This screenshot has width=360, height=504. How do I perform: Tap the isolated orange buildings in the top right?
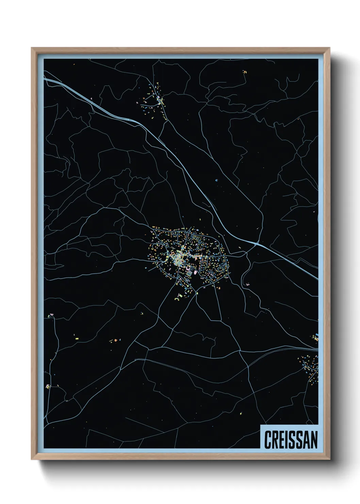click(x=244, y=72)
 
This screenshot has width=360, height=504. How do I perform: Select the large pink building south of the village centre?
click(x=191, y=273)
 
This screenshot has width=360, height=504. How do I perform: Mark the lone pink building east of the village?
click(x=247, y=284)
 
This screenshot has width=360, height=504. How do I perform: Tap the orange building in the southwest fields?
click(x=115, y=340)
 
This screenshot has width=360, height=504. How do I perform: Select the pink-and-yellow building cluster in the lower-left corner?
click(x=48, y=387)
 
